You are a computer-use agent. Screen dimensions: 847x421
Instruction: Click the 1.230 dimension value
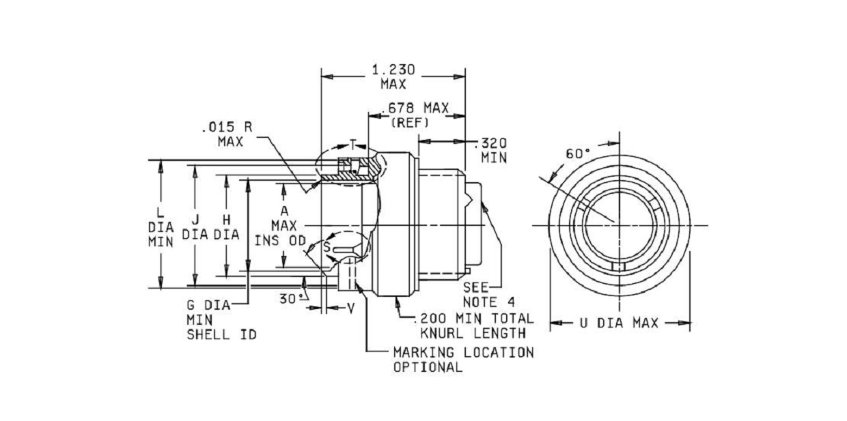pos(393,70)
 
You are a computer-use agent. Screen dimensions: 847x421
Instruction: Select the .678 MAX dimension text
pos(415,108)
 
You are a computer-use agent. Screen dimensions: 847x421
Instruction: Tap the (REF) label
pos(410,123)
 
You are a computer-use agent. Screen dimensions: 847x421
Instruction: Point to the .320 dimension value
pos(490,143)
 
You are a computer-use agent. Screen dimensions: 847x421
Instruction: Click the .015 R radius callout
pos(227,127)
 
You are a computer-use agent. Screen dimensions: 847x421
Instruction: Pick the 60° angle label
pos(578,154)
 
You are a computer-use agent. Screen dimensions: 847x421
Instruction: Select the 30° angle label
pos(292,299)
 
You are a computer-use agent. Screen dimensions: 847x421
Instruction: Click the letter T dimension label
pos(352,144)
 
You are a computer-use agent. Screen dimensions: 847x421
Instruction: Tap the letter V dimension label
pos(351,309)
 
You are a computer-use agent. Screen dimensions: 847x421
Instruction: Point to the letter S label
pos(327,247)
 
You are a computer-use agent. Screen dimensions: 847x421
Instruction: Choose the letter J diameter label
pos(195,220)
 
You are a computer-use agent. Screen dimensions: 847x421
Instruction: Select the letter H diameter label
pos(227,220)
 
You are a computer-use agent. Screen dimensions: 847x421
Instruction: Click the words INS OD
pos(280,240)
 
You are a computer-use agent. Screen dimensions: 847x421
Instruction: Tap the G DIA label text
pos(209,305)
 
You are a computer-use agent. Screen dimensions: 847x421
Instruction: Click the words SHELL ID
pos(221,334)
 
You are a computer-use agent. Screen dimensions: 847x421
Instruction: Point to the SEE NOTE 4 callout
pos(488,295)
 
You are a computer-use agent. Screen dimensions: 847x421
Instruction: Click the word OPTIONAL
pos(428,367)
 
